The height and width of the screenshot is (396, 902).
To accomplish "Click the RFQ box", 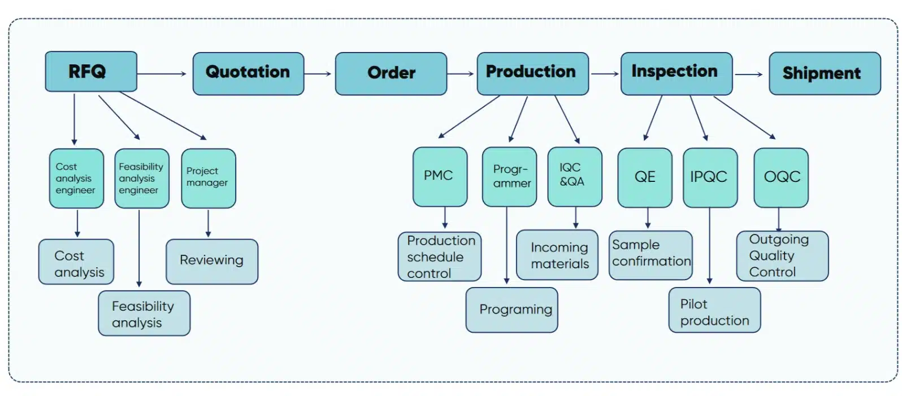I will point(90,72).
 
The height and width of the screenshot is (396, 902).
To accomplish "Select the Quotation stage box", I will point(248,73).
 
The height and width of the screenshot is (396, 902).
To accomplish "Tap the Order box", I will point(391,73).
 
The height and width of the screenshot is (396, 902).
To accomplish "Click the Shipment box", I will point(824,73).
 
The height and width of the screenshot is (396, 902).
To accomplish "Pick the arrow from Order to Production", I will point(461,74).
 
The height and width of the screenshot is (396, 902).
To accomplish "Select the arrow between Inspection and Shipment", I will point(749,74).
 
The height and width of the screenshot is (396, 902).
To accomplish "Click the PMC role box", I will point(440,176).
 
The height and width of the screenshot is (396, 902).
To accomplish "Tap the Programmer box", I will point(509,176).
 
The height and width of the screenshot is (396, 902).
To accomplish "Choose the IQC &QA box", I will point(574,176).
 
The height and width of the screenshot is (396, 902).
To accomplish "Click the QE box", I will point(644,177).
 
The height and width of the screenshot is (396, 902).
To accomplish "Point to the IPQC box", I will point(709,177).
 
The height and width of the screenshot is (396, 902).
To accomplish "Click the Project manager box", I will point(208,177).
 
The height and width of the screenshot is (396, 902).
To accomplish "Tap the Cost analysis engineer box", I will point(76,179).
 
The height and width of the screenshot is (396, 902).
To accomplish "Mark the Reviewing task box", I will point(211,261).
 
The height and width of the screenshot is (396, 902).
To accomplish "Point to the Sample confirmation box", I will point(650,255).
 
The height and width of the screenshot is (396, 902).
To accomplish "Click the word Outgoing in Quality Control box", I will point(778,240).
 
